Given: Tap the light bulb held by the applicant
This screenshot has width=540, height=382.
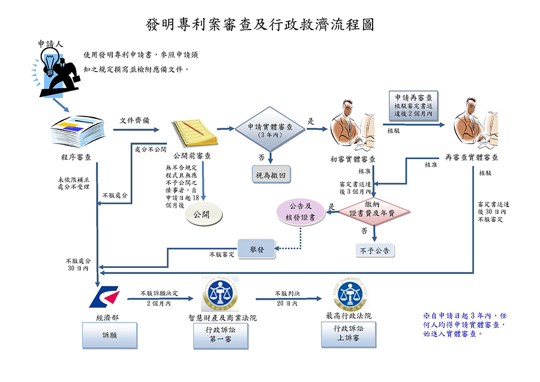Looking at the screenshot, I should pyautogui.click(x=49, y=62).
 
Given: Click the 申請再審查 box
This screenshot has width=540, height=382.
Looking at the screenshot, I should pyautogui.click(x=414, y=106).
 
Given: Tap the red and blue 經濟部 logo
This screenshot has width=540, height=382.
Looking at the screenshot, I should pyautogui.click(x=101, y=297).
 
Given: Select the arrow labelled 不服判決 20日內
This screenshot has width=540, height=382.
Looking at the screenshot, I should pyautogui.click(x=289, y=299).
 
